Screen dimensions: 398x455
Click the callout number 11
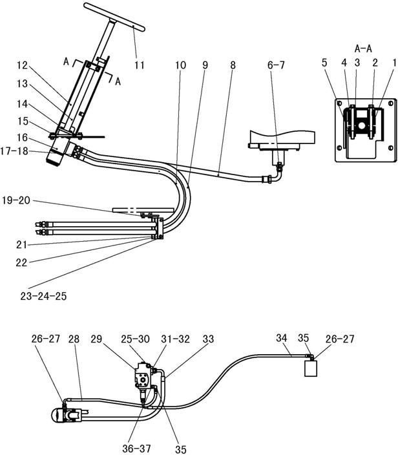coord(140,65)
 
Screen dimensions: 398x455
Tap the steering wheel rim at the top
coord(114,17)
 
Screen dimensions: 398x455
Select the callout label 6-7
coord(276,65)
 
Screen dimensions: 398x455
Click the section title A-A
coord(363,48)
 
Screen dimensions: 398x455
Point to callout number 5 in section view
coord(324,63)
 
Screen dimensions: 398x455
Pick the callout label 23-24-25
coord(43,296)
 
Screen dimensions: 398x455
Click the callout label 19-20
coord(16,200)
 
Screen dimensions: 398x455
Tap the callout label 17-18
coord(14,151)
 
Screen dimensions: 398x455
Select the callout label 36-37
coord(136,449)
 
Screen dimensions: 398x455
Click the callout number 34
coord(282,338)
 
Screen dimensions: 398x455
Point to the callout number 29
coord(96,339)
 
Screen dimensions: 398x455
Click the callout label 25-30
coord(135,339)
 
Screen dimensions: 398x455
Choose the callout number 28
coord(74,339)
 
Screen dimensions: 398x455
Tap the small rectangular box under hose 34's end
coord(311,368)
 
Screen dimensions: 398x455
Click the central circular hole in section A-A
coord(361,125)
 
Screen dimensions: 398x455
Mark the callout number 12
coord(22,65)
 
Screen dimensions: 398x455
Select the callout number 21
coord(21,244)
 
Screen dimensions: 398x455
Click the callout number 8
coord(233,65)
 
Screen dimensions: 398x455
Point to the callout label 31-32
coord(175,339)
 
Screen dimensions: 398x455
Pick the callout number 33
coord(208,339)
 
